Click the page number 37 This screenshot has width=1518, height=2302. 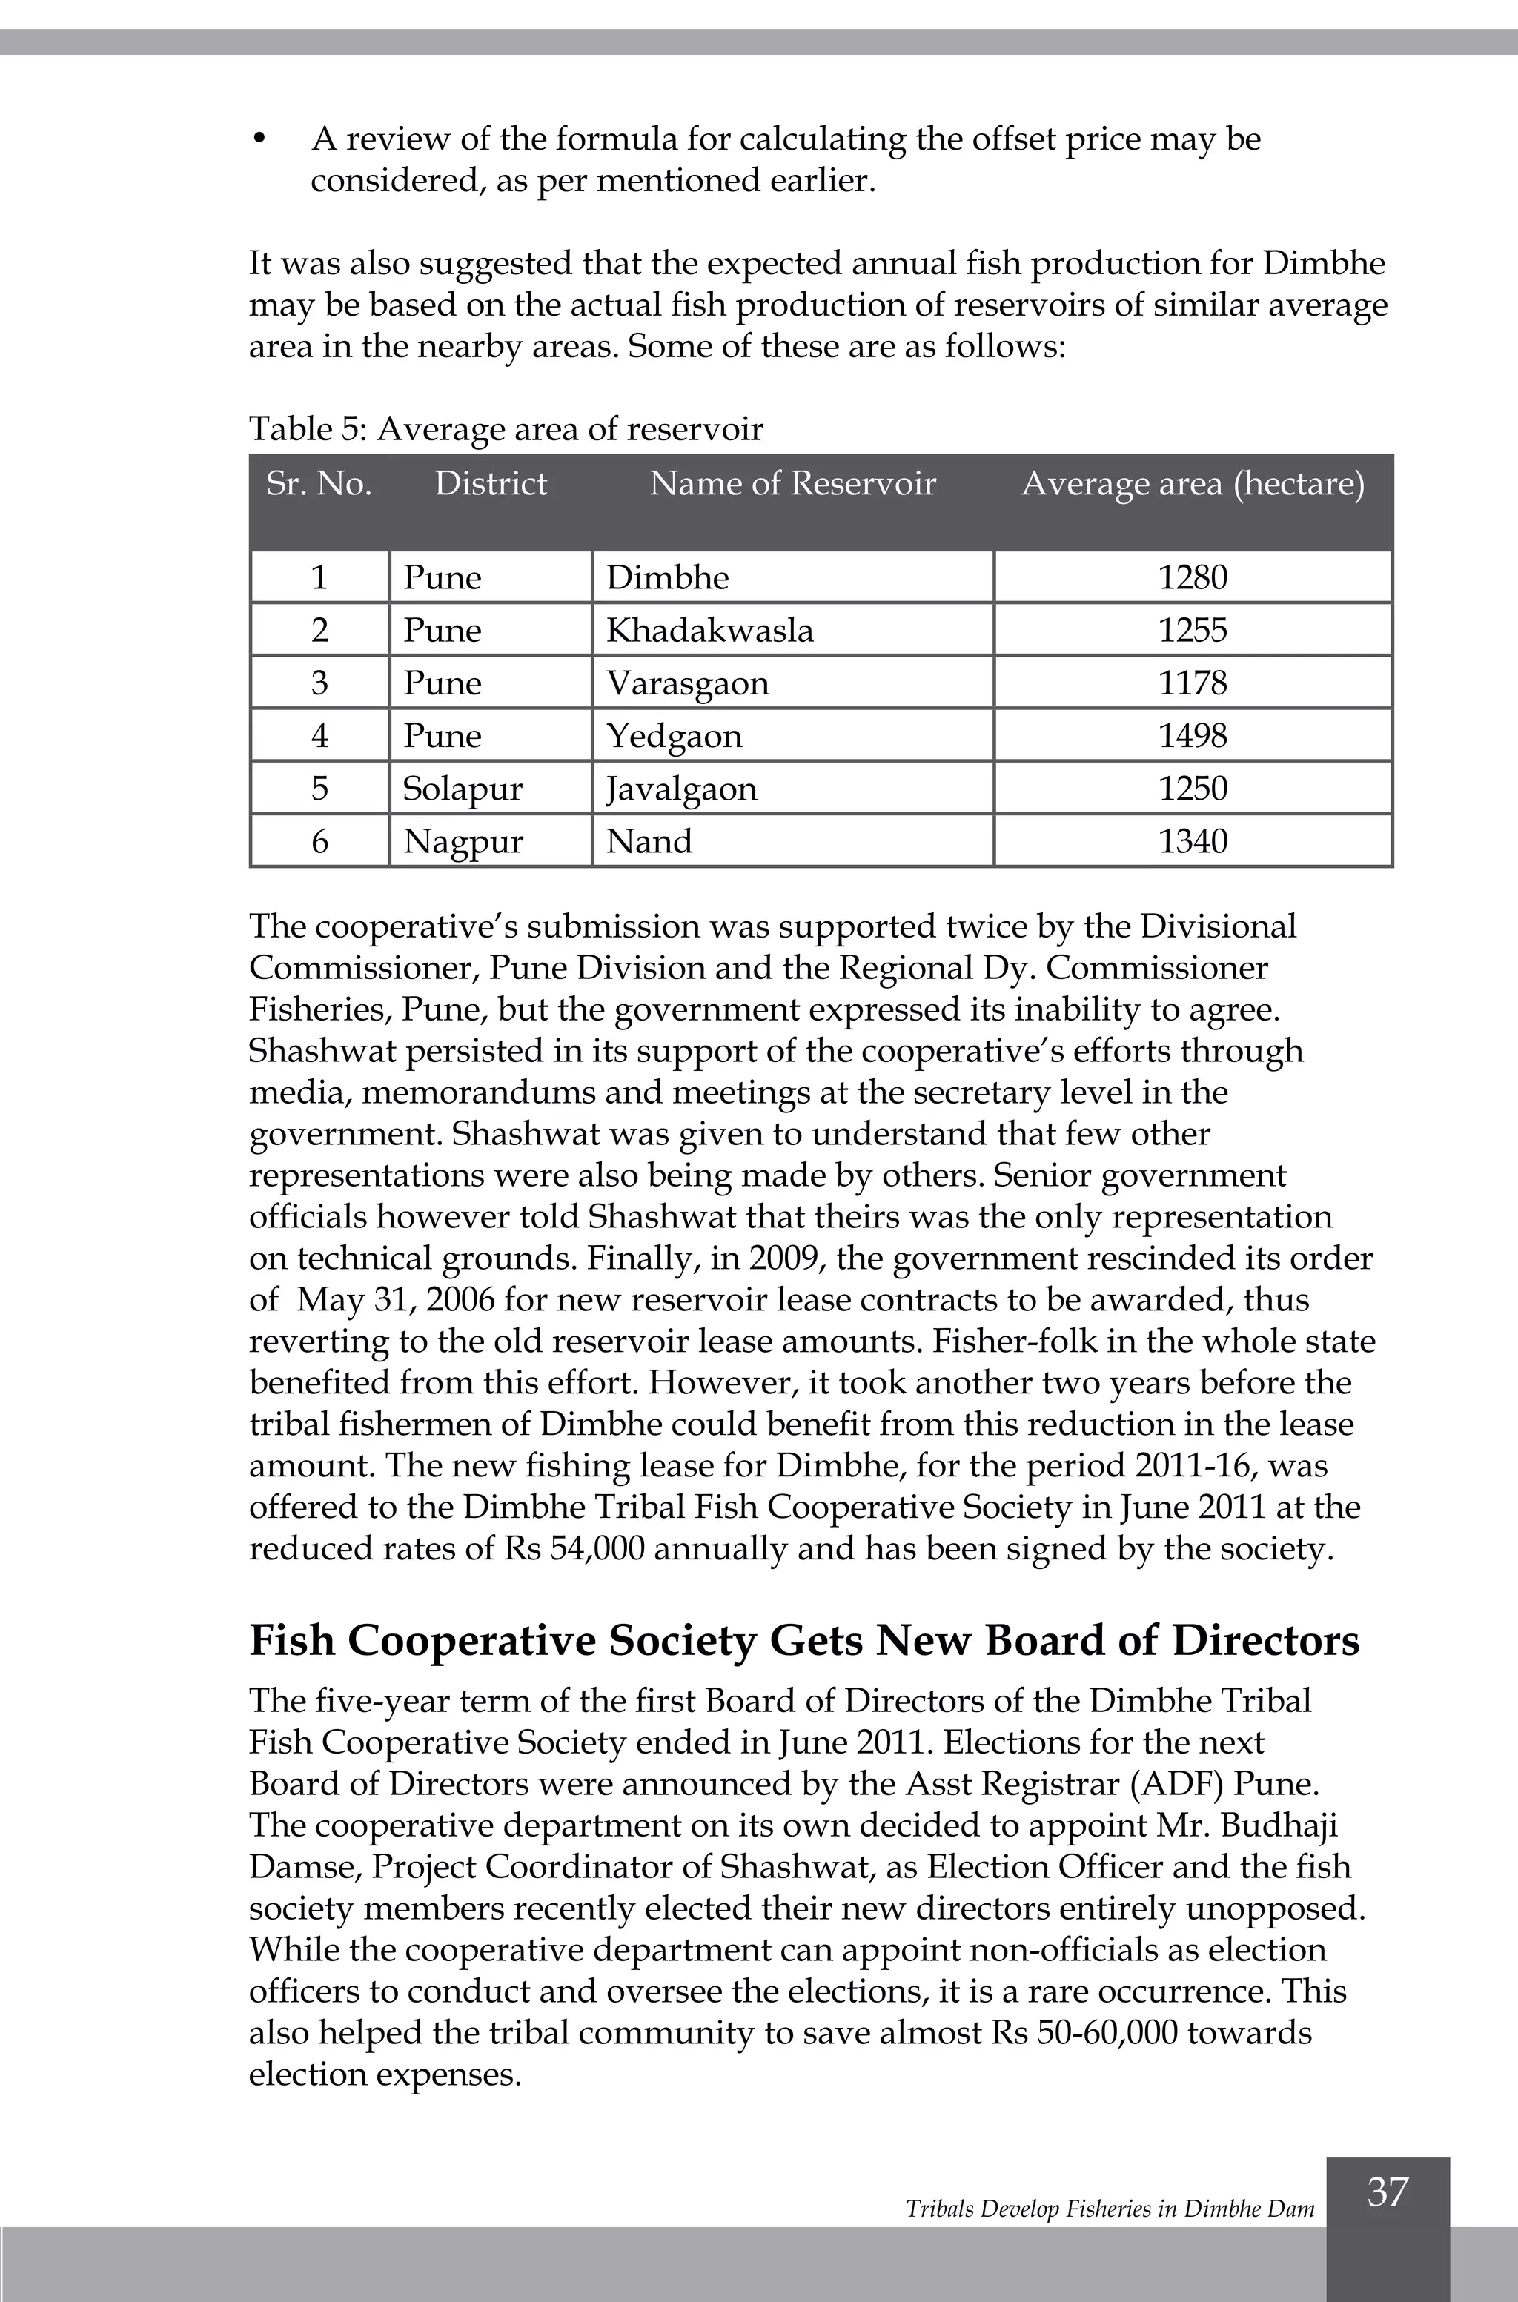tap(1388, 2191)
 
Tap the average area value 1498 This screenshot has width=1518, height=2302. tap(1193, 736)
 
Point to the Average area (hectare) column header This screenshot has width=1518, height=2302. tap(1193, 483)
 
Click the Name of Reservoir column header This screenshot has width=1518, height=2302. tap(792, 483)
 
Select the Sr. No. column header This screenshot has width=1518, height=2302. tap(319, 483)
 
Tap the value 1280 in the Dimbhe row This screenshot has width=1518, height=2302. tap(1193, 578)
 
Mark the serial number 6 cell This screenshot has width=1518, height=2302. tap(319, 840)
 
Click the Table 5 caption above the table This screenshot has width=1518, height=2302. tap(506, 429)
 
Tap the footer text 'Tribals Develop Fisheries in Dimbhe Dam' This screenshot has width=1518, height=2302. tap(1110, 2208)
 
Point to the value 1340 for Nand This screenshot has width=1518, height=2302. tap(1193, 840)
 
